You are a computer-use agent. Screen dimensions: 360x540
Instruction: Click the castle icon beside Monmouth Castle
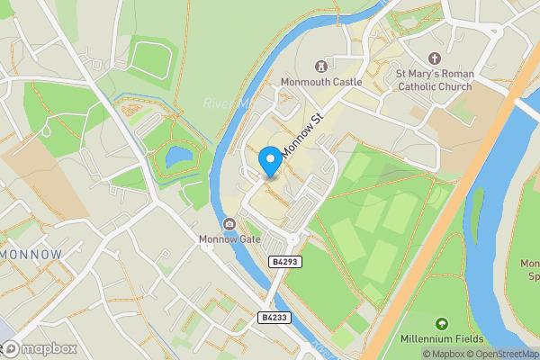point(320,66)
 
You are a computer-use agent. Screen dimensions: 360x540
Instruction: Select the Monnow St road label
point(302,135)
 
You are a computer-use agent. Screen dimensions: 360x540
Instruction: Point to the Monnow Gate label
point(230,239)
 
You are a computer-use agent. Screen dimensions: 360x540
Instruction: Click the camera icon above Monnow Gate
point(229,223)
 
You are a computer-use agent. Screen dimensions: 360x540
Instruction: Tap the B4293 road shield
point(284,261)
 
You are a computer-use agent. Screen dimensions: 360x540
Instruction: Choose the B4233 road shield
point(274,318)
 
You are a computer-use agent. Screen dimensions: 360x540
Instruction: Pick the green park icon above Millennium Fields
point(441,323)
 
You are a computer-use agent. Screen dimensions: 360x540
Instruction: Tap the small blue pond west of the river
point(177,157)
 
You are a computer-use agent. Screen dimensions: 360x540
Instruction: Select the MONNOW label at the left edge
point(32,255)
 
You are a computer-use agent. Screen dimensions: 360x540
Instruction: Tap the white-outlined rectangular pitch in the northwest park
point(149,58)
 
